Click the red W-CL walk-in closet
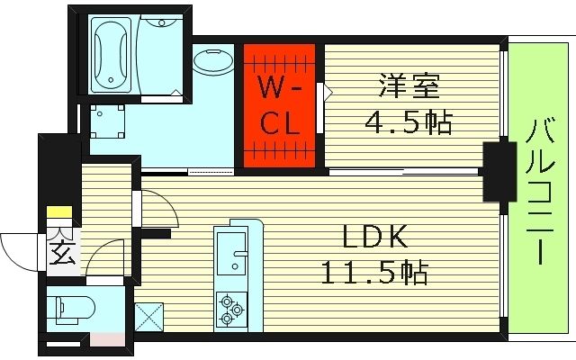(280, 106)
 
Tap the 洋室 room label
(409, 90)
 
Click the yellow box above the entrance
(59, 213)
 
